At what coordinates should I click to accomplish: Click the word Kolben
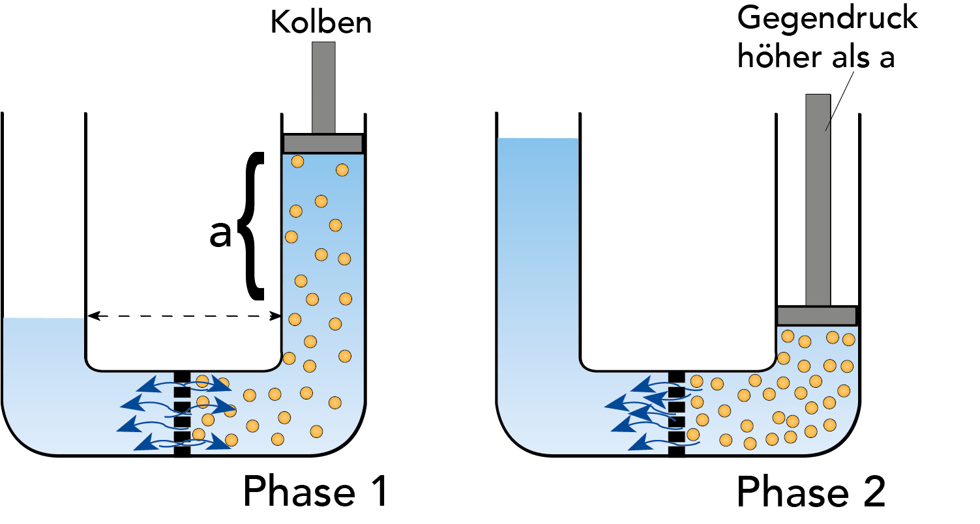coord(321,23)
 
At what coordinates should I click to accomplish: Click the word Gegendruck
coord(827,19)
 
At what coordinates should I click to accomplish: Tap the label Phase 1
coord(316,492)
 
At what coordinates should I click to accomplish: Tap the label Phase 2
coord(811,492)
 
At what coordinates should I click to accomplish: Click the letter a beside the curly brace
coord(220,235)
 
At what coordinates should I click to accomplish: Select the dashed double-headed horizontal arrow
coord(184,316)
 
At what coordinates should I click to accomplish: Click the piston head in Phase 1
coord(323,143)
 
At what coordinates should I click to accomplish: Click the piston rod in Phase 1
coord(323,87)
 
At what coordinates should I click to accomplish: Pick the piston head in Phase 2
coord(816,315)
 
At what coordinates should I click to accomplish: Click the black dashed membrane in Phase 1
coord(182,413)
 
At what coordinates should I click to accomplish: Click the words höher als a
coord(815,57)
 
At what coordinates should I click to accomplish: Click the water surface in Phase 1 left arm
coord(44,319)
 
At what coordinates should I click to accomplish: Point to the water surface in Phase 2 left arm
coord(537,139)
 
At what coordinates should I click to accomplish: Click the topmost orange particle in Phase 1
coord(297,161)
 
